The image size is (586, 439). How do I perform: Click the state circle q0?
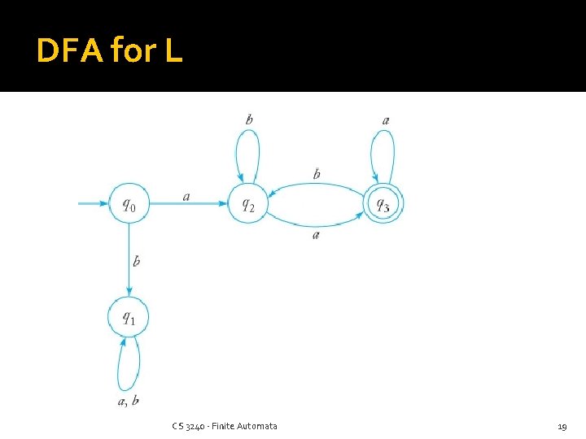129,204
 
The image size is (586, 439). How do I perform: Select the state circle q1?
129,317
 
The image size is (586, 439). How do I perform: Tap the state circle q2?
247,204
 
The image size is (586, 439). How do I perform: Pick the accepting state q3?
383,203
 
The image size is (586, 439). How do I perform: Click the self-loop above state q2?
247,150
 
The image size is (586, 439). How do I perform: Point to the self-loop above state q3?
383,150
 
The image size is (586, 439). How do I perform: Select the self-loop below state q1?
129,365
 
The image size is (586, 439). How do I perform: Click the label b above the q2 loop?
249,120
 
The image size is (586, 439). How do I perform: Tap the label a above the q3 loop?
386,120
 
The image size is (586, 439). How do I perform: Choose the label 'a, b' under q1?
129,400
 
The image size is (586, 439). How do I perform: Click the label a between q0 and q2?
187,196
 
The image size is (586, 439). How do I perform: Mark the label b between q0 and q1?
136,261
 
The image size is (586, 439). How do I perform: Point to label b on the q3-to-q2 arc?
317,174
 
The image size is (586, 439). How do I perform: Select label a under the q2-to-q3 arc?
316,234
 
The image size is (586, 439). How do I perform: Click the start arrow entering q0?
94,203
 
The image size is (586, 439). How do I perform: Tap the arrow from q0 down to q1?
129,260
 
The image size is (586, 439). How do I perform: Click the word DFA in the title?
69,51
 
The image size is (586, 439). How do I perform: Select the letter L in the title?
173,51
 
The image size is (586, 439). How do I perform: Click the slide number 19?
562,426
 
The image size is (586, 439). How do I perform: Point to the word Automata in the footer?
256,426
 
